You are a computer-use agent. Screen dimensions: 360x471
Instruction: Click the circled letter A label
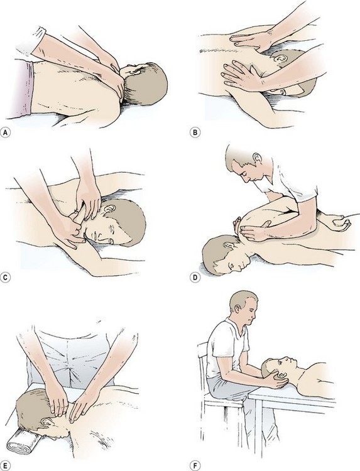pos(5,132)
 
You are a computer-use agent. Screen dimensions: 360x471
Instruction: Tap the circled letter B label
pos(195,132)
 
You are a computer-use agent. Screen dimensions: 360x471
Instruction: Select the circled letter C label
pos(5,277)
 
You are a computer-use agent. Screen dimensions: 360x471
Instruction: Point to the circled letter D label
pos(195,277)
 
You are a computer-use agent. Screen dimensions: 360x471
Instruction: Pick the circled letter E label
pos(5,466)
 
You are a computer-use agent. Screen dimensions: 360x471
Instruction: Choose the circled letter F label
pos(195,466)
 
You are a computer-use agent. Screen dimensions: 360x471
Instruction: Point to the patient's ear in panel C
pos(110,208)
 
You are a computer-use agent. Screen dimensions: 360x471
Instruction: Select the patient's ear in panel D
pos(229,246)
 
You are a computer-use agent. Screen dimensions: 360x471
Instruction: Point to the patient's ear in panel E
pos(46,423)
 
